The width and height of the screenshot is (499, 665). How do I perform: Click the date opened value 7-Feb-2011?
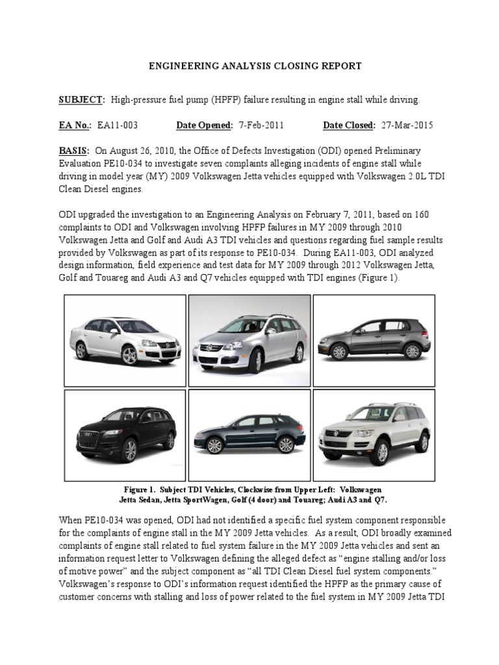point(260,125)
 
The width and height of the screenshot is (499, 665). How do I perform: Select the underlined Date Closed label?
point(349,125)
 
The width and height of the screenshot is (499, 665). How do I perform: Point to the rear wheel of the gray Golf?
point(411,351)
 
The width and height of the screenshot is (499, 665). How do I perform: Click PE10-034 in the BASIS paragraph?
point(138,162)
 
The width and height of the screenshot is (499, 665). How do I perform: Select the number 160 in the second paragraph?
point(416,214)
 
